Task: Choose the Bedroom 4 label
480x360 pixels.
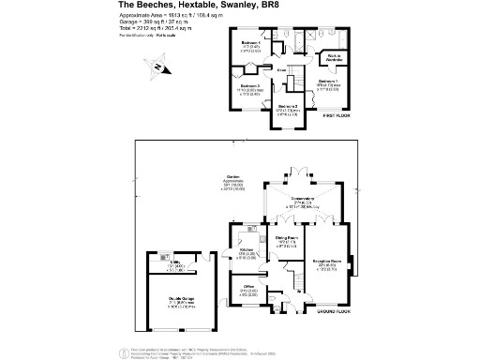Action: [x=249, y=43]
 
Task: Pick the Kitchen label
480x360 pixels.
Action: [x=248, y=249]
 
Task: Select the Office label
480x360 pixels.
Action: [x=249, y=287]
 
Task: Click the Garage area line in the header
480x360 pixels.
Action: [x=160, y=23]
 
